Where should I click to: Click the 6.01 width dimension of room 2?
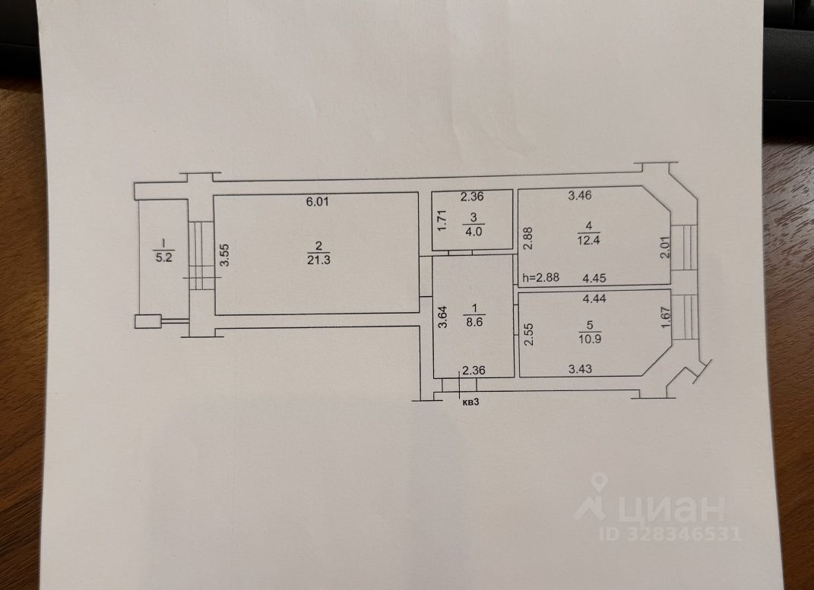pyautogui.click(x=317, y=202)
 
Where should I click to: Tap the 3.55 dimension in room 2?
pyautogui.click(x=225, y=256)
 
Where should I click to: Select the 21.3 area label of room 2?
pyautogui.click(x=318, y=260)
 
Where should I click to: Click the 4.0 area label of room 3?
pyautogui.click(x=473, y=232)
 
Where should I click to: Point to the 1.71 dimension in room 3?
pyautogui.click(x=442, y=220)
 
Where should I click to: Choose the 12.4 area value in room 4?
pyautogui.click(x=588, y=240)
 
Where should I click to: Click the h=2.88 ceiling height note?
pyautogui.click(x=541, y=277)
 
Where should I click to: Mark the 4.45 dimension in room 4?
pyautogui.click(x=594, y=278)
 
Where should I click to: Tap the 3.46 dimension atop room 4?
pyautogui.click(x=580, y=195)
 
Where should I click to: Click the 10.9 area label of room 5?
pyautogui.click(x=589, y=339)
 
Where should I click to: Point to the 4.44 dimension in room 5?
pyautogui.click(x=594, y=298)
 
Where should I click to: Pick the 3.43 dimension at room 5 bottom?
pyautogui.click(x=580, y=369)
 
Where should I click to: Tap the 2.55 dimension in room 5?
pyautogui.click(x=528, y=334)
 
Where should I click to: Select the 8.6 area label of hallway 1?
pyautogui.click(x=474, y=322)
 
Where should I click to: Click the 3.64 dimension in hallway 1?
pyautogui.click(x=442, y=317)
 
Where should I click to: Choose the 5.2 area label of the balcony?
pyautogui.click(x=164, y=257)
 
